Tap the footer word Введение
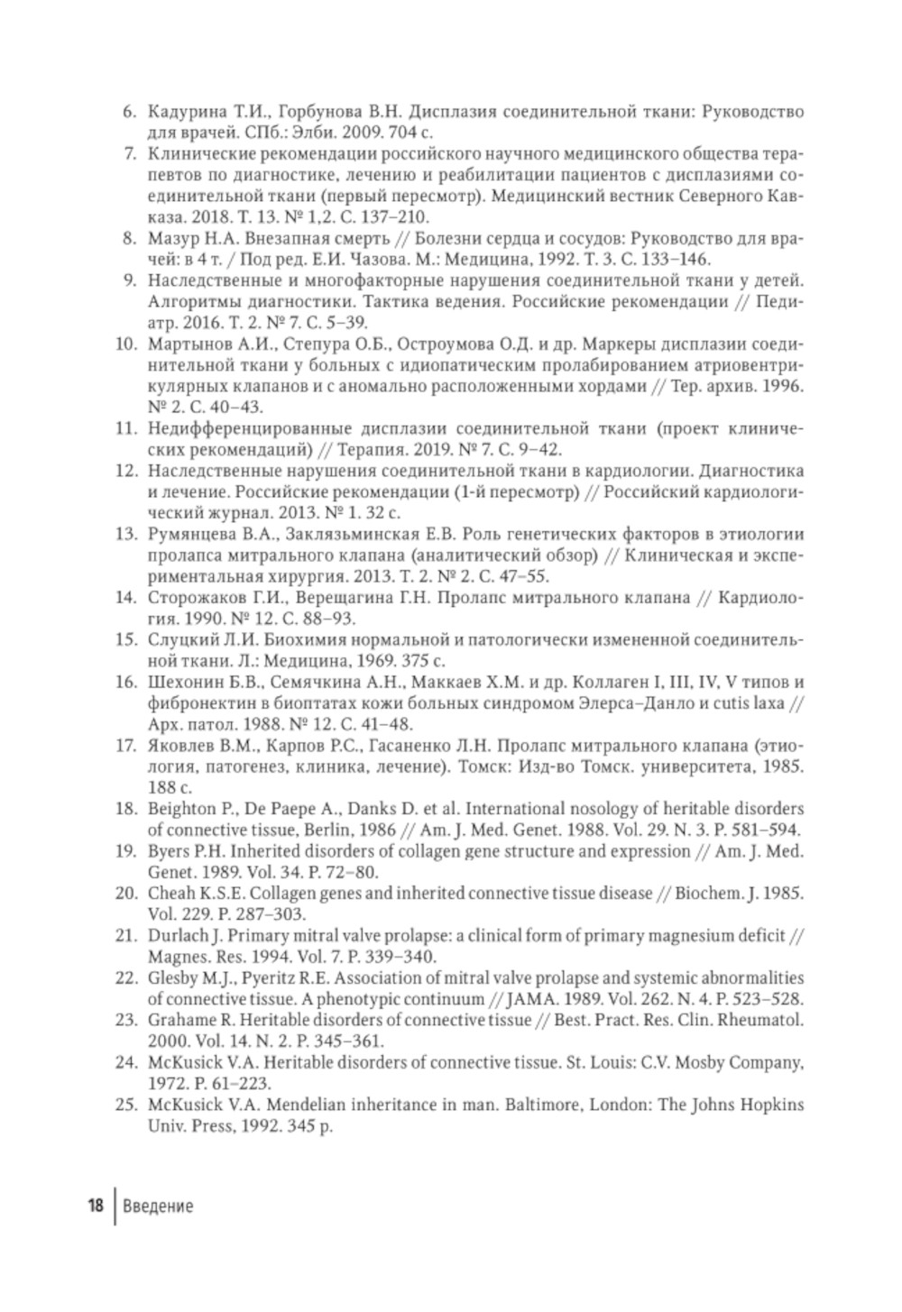point(158,1206)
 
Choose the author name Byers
point(167,851)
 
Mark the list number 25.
point(125,1105)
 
